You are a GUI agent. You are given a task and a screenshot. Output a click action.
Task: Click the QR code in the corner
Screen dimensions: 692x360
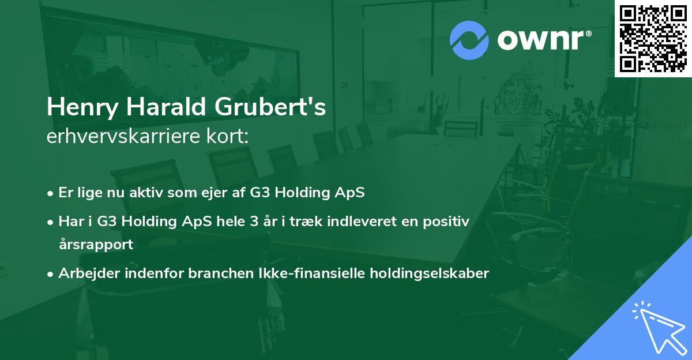click(653, 39)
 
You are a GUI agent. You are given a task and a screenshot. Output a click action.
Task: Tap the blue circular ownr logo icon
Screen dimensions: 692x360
click(469, 40)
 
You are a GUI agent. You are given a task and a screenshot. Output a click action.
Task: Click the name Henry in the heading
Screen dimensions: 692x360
click(82, 107)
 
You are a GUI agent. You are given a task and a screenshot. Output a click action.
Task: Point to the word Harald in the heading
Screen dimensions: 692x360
click(166, 106)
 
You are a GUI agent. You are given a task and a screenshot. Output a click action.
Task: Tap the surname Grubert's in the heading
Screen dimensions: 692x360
click(270, 106)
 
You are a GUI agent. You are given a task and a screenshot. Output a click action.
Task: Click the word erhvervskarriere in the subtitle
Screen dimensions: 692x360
click(123, 136)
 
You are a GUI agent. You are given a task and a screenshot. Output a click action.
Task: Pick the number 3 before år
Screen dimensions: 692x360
click(254, 222)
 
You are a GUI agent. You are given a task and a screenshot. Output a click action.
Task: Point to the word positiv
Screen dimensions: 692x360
click(446, 222)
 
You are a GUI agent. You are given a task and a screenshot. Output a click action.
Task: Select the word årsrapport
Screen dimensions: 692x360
click(96, 245)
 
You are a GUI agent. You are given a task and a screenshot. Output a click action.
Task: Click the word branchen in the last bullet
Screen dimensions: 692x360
click(221, 273)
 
